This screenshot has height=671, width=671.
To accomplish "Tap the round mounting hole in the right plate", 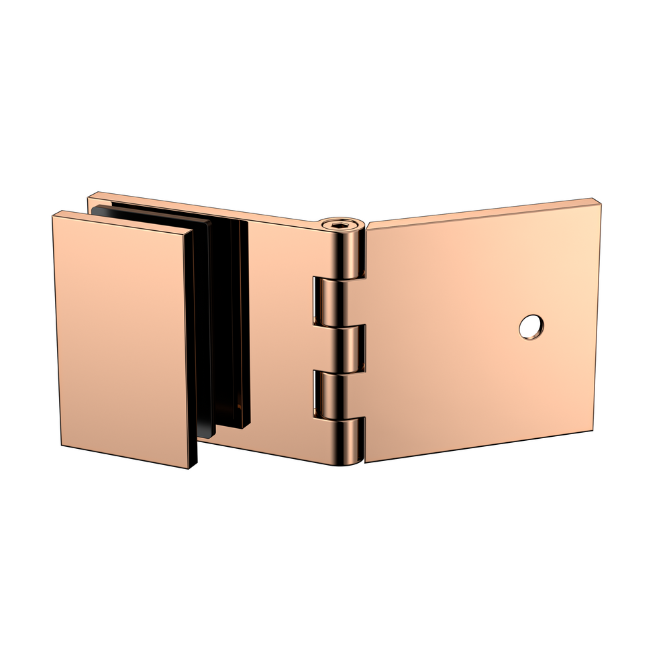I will [531, 326].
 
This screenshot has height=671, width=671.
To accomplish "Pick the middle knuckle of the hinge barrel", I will [350, 348].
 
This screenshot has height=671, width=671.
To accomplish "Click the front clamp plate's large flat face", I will [124, 339].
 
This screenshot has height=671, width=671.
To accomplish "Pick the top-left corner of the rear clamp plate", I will [89, 195].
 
